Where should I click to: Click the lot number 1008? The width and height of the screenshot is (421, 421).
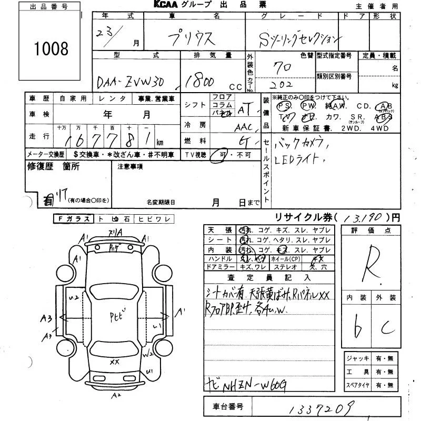[51, 49]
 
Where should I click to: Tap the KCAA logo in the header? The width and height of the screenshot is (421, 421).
[169, 5]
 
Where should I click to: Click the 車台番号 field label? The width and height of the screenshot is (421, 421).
[228, 407]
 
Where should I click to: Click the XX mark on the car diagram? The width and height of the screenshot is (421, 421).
[114, 362]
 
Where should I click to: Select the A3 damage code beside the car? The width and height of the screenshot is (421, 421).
[46, 317]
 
